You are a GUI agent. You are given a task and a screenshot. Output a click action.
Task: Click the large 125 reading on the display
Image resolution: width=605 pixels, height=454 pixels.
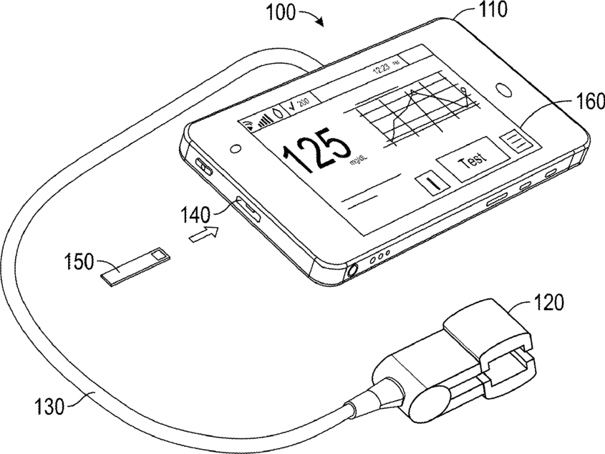pyautogui.click(x=316, y=153)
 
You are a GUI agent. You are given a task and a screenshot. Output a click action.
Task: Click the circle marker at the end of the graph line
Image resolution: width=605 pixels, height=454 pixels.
pyautogui.click(x=464, y=91)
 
